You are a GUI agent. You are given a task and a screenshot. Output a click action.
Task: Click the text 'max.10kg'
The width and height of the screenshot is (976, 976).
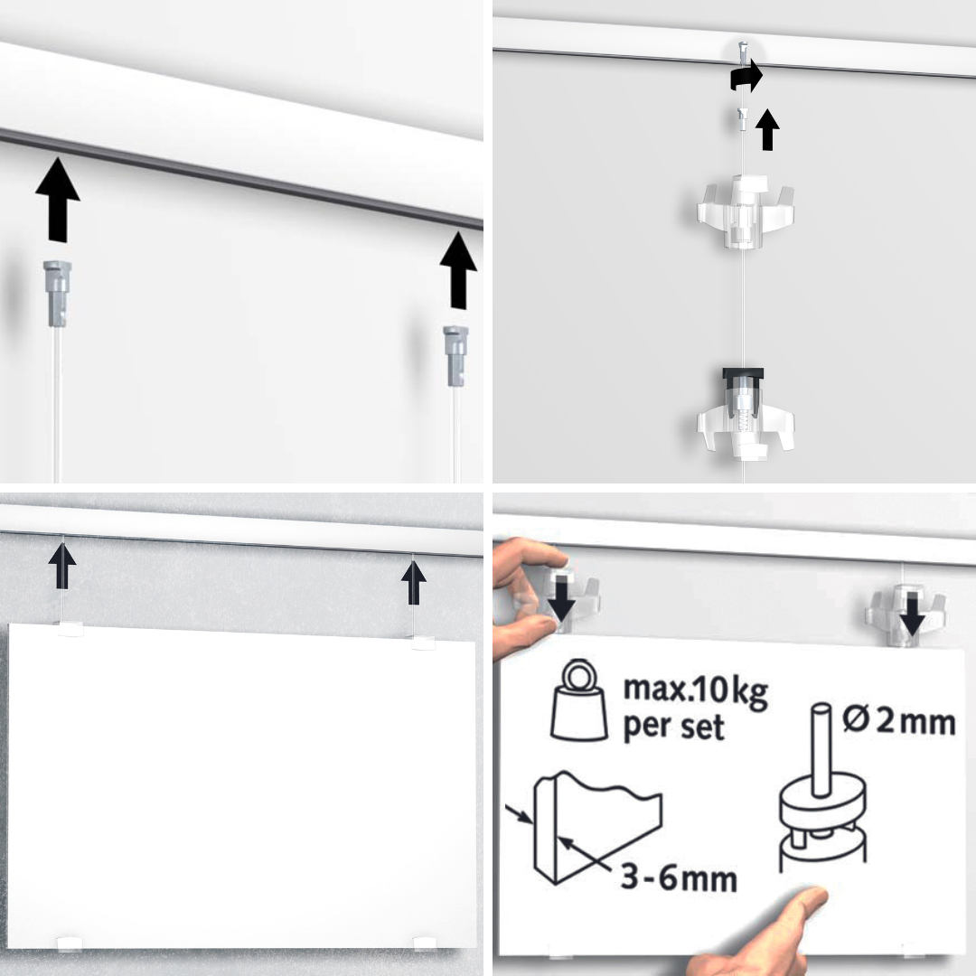[x=695, y=690]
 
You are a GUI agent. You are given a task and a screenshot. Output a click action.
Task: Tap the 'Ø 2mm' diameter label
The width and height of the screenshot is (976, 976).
[x=899, y=721]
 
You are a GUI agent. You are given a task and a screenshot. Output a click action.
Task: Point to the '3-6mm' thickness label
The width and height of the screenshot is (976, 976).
[x=679, y=878]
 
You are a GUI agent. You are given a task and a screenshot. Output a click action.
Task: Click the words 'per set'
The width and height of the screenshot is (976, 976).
[x=673, y=727]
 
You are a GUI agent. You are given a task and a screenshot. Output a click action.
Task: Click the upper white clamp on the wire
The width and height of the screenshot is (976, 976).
[x=745, y=212]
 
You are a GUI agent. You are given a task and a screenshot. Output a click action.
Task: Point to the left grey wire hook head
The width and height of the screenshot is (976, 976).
[x=57, y=293]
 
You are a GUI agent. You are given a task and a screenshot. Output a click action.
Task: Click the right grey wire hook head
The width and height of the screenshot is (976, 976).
[x=455, y=355]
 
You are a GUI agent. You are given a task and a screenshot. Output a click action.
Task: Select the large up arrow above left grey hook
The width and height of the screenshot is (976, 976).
[x=58, y=199]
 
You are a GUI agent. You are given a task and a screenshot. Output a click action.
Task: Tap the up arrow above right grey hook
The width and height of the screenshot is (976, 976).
[x=458, y=270]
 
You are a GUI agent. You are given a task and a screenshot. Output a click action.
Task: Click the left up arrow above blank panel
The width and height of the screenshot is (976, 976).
[x=62, y=566]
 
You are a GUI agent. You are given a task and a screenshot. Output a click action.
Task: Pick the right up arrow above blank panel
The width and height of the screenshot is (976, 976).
[x=414, y=583]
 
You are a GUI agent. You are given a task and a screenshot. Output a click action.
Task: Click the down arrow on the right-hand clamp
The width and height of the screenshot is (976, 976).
[x=913, y=615]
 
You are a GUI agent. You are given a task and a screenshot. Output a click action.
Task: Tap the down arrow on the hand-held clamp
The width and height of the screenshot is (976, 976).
[x=561, y=601]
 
